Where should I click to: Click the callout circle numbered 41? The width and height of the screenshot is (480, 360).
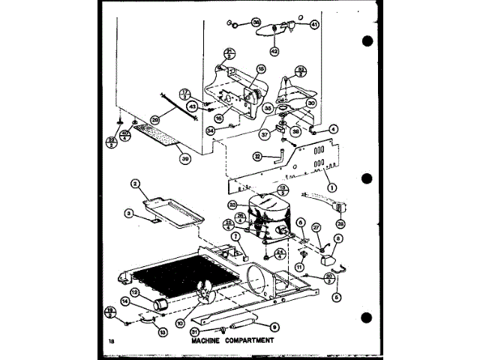tap(315, 25)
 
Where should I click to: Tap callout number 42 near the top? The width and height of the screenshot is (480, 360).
tap(275, 51)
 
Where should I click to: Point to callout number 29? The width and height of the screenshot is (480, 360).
tap(155, 119)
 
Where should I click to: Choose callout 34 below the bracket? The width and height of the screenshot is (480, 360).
tap(210, 130)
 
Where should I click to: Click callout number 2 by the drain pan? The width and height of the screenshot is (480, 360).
tap(136, 183)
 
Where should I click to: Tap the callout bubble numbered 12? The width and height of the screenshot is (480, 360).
tap(136, 292)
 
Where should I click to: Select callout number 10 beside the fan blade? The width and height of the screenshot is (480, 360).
tap(180, 322)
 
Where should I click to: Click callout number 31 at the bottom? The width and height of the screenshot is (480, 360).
tap(195, 332)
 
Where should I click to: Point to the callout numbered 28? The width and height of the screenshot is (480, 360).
tap(343, 223)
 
